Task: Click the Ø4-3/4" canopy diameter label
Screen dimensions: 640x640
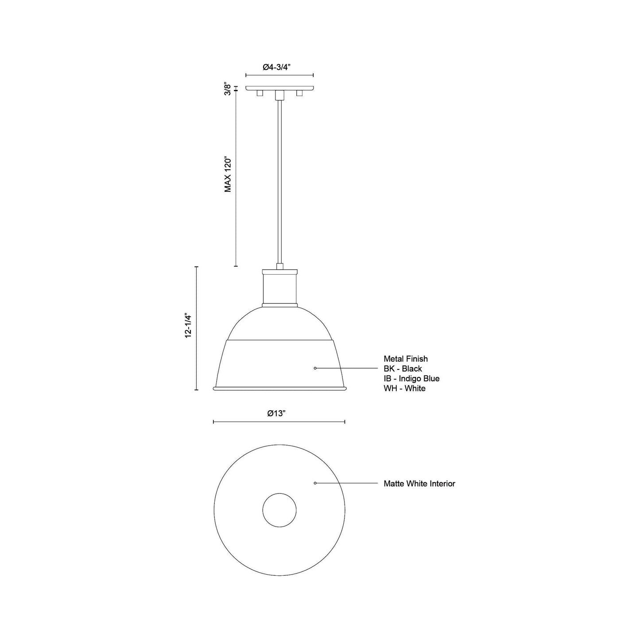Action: (x=279, y=67)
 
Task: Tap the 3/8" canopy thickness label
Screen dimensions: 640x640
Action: (x=228, y=88)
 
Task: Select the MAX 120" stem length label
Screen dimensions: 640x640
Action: (x=228, y=174)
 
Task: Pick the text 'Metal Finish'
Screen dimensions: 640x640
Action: (x=405, y=359)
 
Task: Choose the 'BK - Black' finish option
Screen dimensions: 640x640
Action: (x=403, y=368)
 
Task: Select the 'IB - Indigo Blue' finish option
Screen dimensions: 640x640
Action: (x=411, y=378)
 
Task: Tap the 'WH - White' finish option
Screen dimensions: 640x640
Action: (x=404, y=388)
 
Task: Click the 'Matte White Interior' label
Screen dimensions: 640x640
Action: (x=419, y=484)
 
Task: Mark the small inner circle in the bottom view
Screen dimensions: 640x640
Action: (x=279, y=510)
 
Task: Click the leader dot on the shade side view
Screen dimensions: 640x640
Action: (x=315, y=368)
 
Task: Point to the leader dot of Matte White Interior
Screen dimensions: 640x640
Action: (x=315, y=483)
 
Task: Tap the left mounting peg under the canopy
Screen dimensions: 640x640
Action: (x=260, y=93)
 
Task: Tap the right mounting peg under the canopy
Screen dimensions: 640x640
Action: (x=299, y=93)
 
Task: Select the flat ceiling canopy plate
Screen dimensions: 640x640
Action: (x=279, y=88)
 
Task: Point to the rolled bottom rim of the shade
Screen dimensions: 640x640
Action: (x=279, y=389)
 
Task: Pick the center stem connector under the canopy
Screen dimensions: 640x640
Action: (x=279, y=95)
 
